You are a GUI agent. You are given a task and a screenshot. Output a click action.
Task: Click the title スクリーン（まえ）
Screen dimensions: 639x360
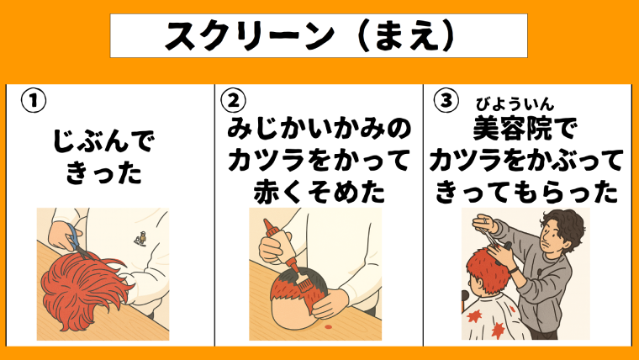tap(309, 36)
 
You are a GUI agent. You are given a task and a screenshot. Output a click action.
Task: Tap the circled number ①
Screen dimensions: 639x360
tap(34, 101)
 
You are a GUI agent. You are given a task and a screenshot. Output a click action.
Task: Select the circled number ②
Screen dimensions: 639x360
tap(233, 100)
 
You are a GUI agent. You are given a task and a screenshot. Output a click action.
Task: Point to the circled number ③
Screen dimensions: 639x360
tap(446, 100)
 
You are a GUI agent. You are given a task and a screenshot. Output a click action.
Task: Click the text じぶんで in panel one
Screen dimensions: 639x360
tap(104, 141)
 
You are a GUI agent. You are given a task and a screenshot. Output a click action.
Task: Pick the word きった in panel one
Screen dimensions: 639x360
tap(103, 172)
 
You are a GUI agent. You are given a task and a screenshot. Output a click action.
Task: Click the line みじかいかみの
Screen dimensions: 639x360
tap(319, 128)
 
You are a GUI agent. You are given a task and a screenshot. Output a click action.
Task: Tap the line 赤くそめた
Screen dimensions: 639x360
tap(319, 191)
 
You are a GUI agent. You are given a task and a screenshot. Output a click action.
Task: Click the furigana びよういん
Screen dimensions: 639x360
tap(515, 105)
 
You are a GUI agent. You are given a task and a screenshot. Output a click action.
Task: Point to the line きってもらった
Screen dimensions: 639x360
tap(526, 191)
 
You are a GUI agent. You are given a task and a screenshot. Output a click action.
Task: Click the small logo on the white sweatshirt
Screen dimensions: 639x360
tap(140, 238)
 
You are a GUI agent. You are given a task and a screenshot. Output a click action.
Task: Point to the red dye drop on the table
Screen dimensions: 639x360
tap(328, 327)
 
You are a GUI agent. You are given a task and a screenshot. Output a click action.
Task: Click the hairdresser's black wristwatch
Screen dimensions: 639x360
tap(514, 269)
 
